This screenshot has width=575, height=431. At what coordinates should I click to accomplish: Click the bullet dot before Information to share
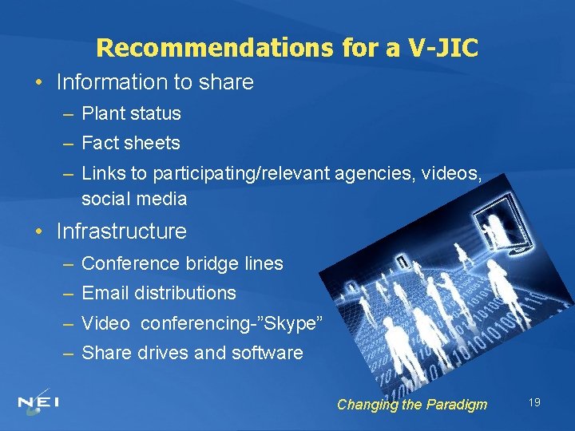tap(39, 82)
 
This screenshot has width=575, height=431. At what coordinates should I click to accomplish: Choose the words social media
tap(134, 199)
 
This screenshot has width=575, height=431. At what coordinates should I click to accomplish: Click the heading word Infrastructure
tap(121, 232)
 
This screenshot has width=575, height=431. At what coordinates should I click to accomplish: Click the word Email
tap(105, 293)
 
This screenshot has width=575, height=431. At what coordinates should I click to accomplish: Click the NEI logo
tap(38, 401)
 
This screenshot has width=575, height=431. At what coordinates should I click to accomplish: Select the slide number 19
tap(534, 402)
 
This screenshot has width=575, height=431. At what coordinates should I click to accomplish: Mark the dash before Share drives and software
tap(67, 353)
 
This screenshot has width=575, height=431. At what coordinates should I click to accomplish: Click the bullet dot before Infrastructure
tap(39, 232)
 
